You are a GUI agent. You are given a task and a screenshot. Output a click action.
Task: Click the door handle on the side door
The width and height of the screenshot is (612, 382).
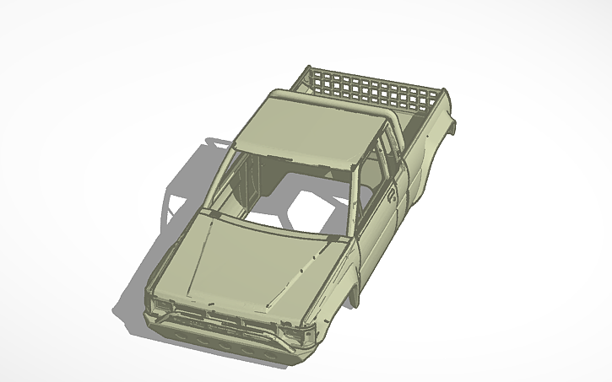tap(393, 196)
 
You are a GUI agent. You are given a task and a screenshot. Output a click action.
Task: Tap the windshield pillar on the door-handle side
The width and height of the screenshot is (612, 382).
tap(351, 202)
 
